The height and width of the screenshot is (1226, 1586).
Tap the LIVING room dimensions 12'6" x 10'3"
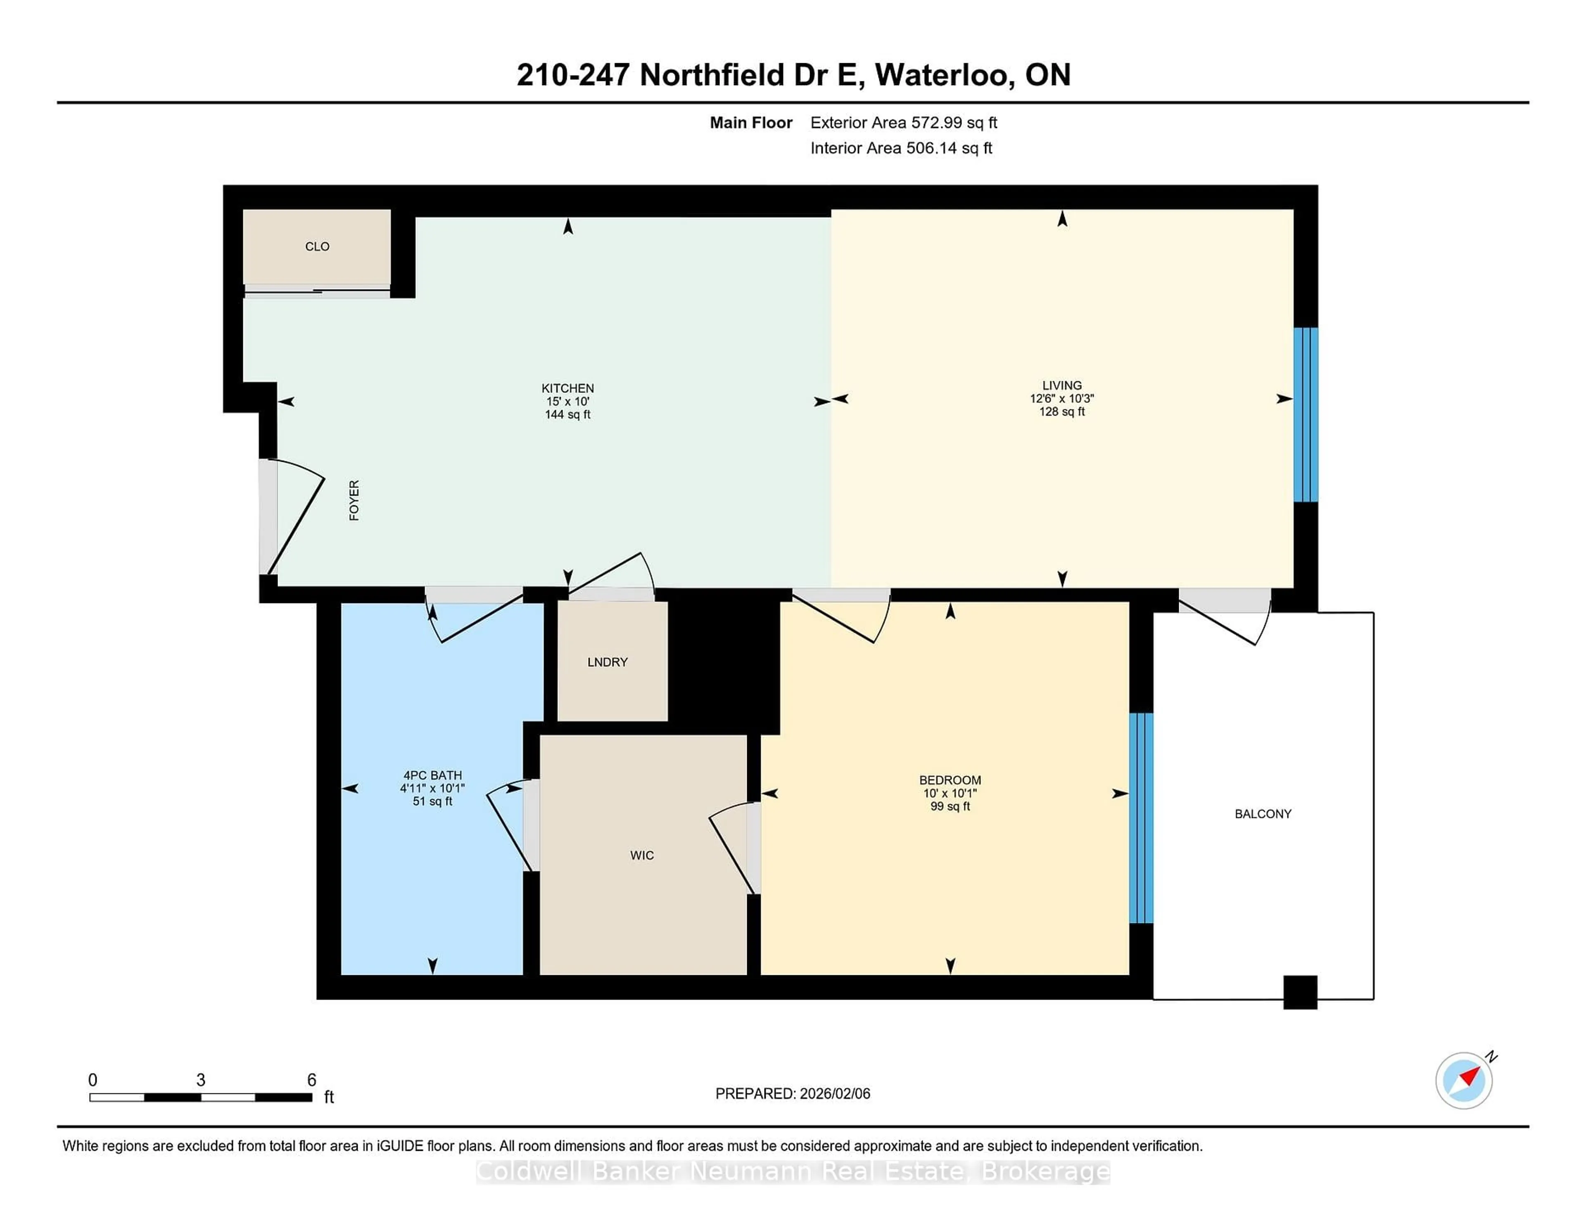1062,399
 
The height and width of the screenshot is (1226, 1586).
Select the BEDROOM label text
950,780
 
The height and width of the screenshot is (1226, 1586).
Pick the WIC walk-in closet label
642,855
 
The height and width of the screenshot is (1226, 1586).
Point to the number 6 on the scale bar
311,1080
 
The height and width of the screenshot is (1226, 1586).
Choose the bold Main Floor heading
751,123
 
